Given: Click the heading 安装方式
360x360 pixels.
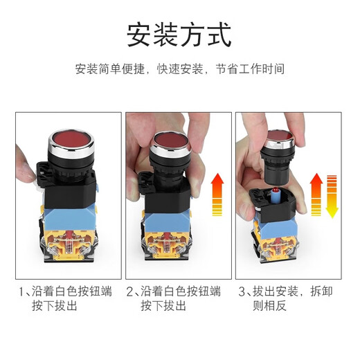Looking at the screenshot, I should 179,33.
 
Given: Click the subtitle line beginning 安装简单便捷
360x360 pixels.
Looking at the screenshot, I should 179,69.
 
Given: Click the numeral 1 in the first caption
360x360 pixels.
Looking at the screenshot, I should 20,291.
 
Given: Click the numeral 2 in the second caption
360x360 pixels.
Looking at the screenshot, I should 130,291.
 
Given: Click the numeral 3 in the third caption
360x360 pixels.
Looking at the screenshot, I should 242,291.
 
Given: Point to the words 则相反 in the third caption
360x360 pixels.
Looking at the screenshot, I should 269,306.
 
